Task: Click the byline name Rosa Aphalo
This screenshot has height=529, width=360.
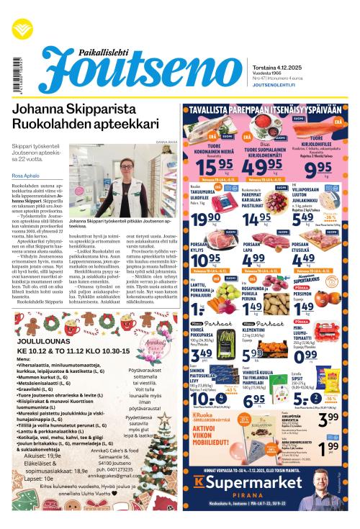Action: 26,174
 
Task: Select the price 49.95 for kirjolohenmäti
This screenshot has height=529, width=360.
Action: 262,168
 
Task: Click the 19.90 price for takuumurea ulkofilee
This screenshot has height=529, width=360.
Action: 202,219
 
